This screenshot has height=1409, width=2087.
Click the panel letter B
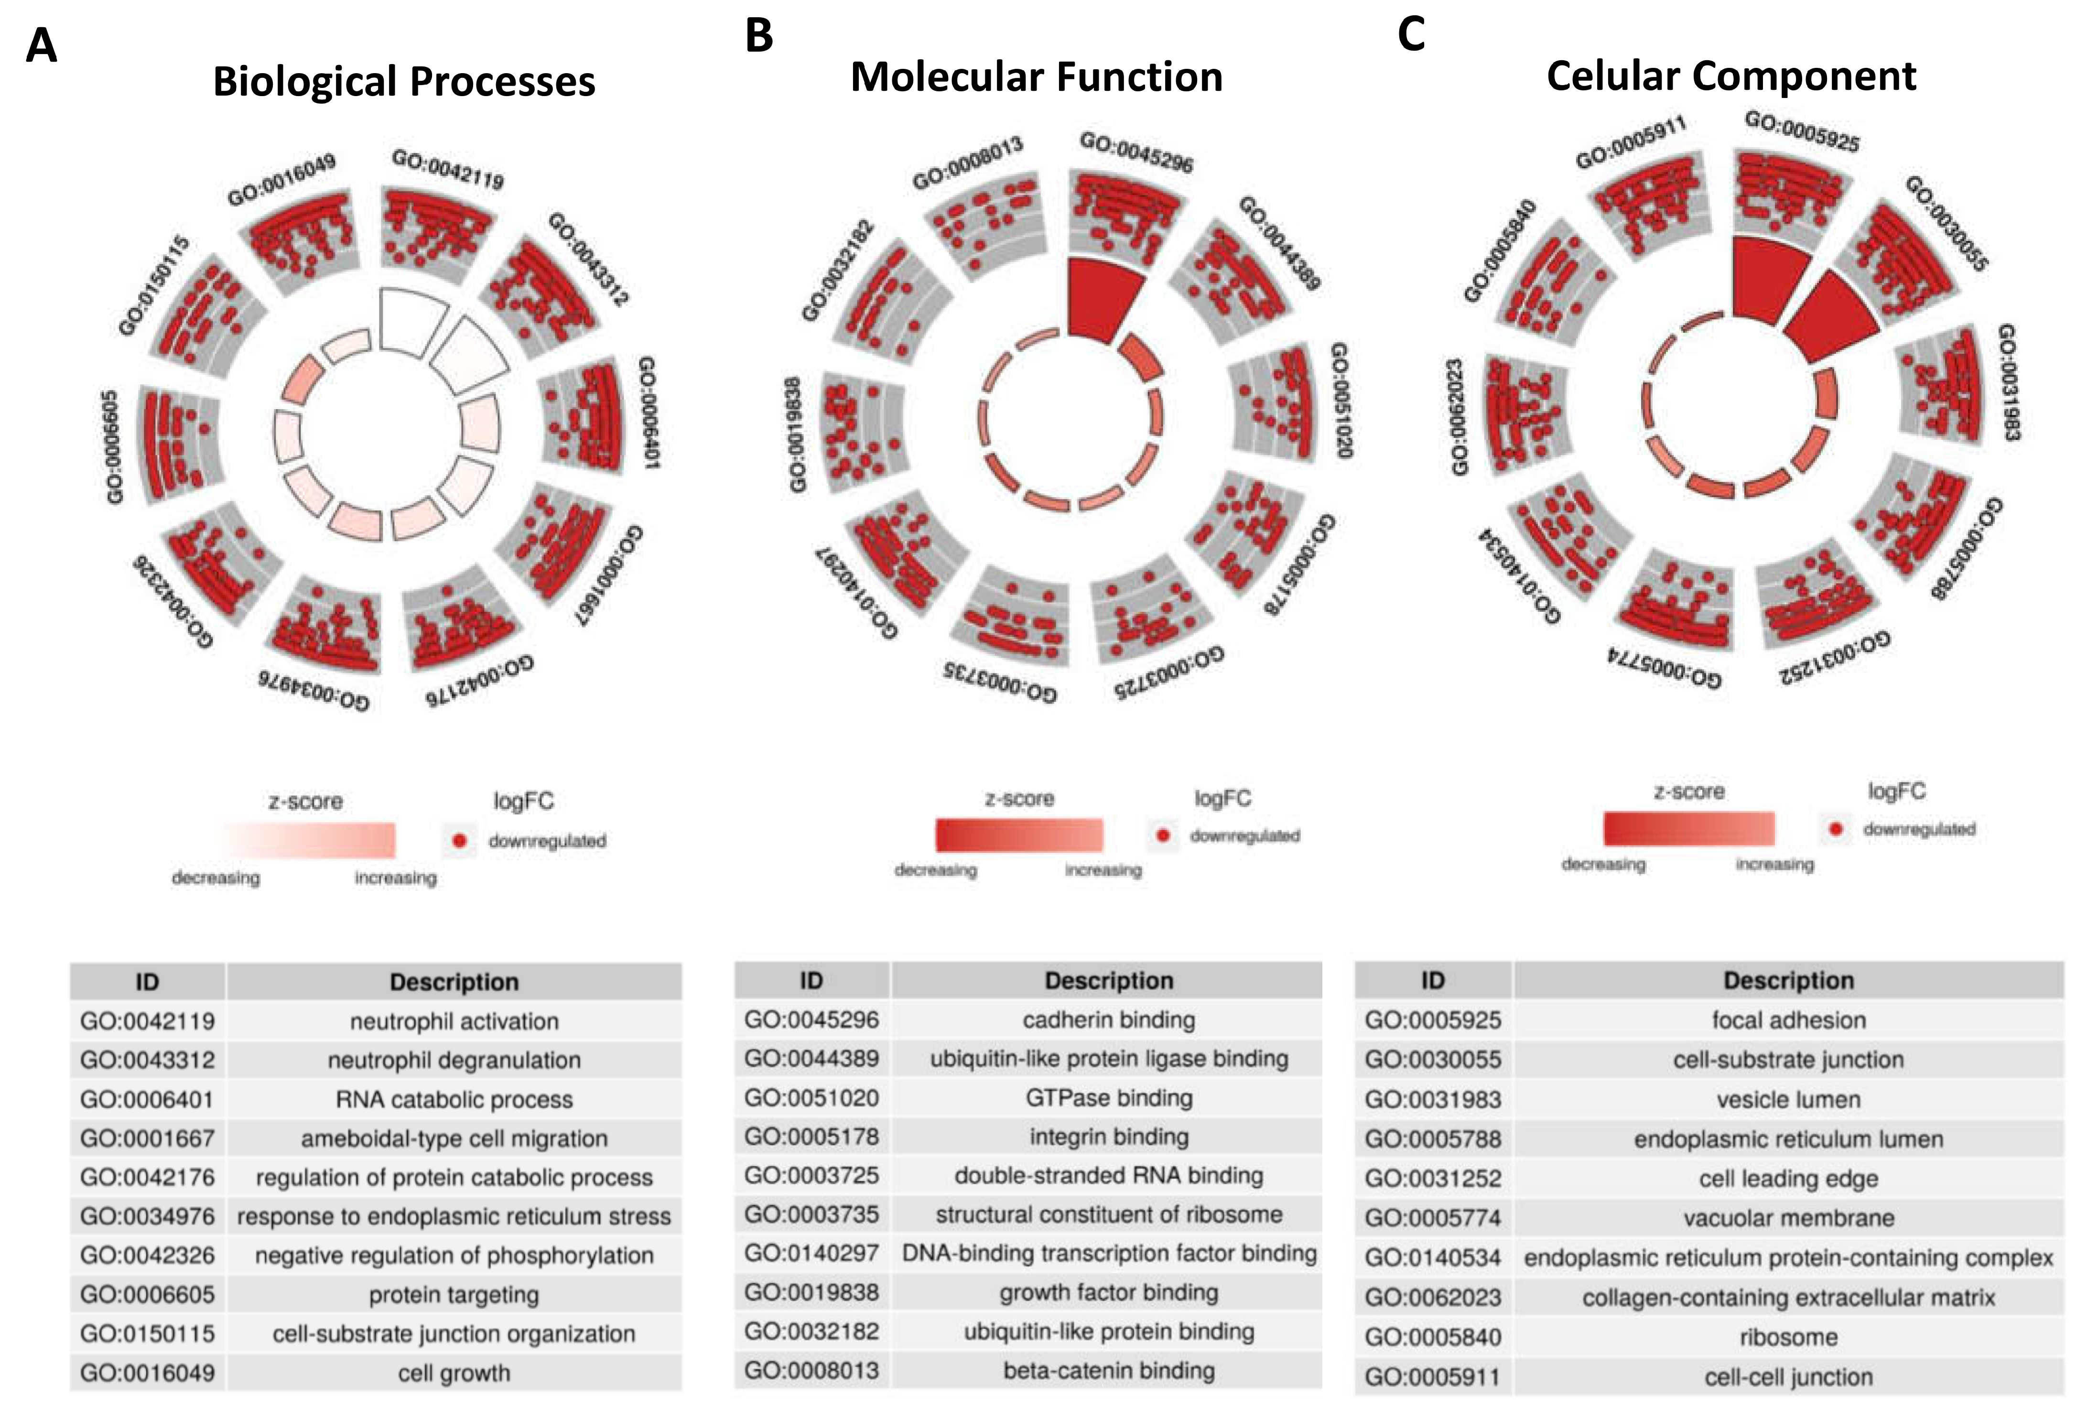pos(759,36)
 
